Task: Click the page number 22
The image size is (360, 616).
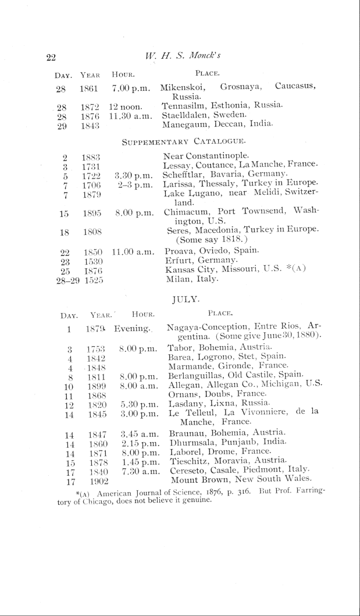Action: click(x=51, y=57)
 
